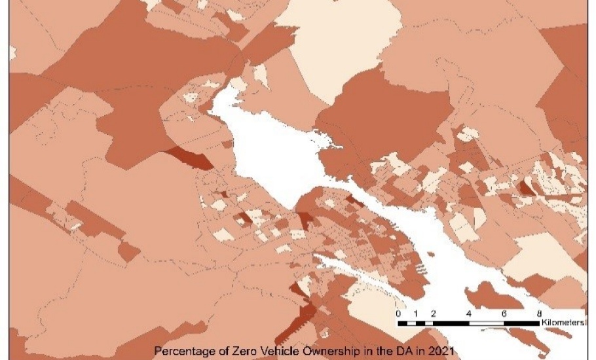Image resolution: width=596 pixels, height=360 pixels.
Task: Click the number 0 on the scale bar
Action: [x=399, y=313]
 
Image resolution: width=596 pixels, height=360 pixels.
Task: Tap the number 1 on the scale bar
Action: [x=416, y=313]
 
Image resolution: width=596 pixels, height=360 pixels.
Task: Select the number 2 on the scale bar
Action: [x=433, y=313]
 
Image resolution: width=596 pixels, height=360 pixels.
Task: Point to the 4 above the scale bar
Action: [x=468, y=313]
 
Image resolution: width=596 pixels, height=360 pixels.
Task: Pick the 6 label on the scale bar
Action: [x=504, y=313]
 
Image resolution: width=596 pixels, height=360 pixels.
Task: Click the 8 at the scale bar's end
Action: [x=538, y=313]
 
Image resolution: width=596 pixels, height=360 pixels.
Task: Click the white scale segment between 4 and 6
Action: [x=486, y=323]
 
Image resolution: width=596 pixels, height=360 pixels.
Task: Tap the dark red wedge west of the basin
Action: [x=190, y=157]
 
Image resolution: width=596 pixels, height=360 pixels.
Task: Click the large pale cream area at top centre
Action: [x=341, y=46]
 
